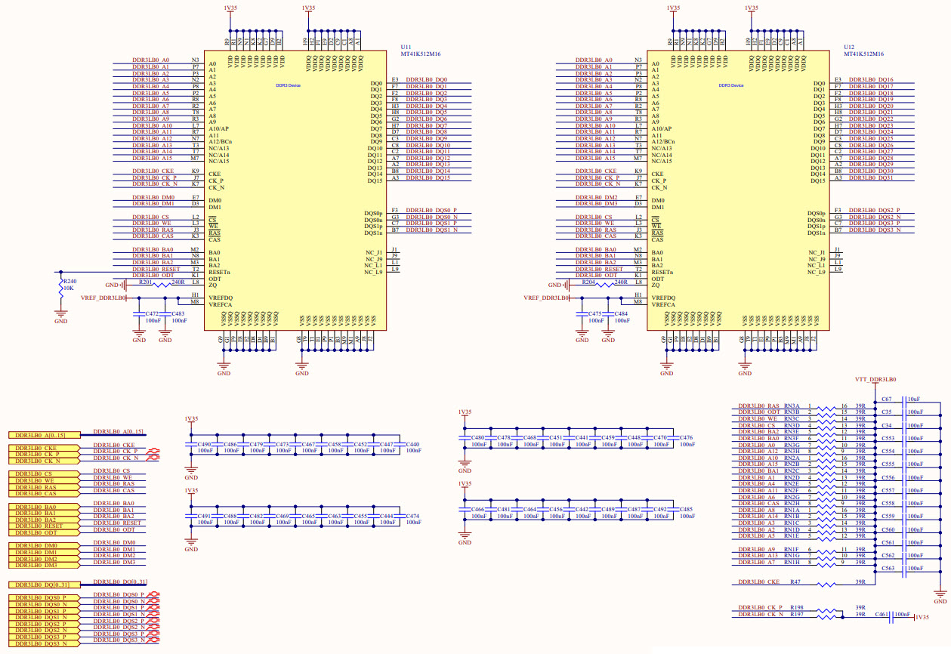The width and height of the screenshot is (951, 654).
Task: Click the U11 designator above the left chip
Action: pyautogui.click(x=405, y=47)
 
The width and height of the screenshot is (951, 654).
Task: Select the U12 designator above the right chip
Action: pyautogui.click(x=848, y=47)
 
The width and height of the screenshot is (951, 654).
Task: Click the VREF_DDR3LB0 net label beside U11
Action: pyautogui.click(x=103, y=298)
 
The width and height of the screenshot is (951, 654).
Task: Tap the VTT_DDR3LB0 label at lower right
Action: pyautogui.click(x=875, y=379)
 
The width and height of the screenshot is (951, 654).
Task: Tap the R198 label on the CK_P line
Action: pyautogui.click(x=796, y=607)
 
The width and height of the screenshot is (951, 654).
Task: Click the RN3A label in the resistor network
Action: pyautogui.click(x=792, y=406)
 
